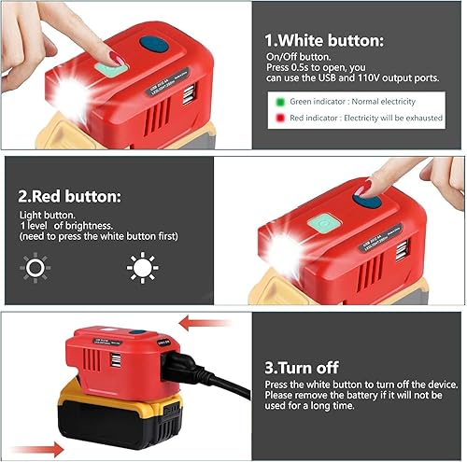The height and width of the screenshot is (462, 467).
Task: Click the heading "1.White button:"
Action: click(323, 40)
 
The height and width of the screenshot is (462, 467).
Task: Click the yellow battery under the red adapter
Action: click(112, 416)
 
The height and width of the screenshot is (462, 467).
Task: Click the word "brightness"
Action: click(90, 226)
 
